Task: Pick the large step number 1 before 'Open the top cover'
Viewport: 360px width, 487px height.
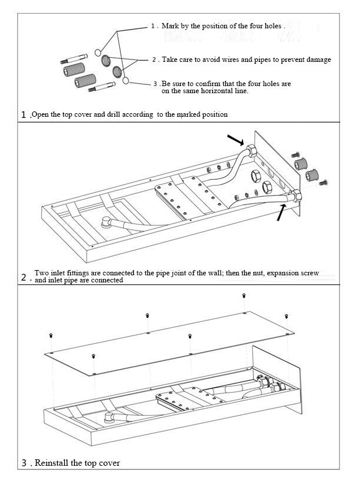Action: (x=24, y=114)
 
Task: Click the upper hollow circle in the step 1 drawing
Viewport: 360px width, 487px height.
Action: (x=99, y=52)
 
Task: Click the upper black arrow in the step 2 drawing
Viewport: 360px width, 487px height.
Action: (x=235, y=140)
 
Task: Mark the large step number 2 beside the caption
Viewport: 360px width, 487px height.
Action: (x=24, y=277)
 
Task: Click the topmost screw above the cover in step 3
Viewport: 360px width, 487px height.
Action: (x=244, y=295)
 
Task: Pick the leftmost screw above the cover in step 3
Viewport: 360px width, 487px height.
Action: (x=52, y=335)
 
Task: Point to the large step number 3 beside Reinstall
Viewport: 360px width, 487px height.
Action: (x=24, y=463)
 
